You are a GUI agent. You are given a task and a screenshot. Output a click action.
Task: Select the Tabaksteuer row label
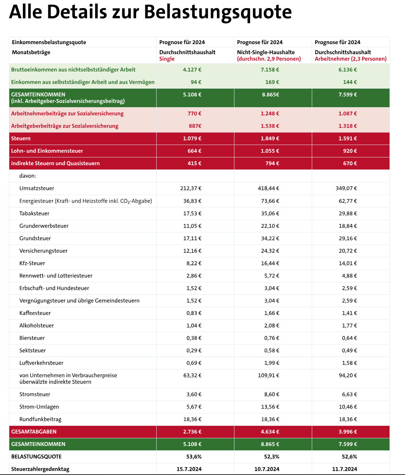(34, 214)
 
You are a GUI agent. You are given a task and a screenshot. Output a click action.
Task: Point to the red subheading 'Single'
(167, 59)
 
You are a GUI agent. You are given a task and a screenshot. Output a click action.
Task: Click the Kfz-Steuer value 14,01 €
(348, 263)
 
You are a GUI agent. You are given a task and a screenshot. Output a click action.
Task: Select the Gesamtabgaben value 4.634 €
(270, 432)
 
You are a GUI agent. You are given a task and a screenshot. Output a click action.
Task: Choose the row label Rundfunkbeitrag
(40, 419)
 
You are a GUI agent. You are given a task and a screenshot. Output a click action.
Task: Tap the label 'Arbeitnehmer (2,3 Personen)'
(350, 59)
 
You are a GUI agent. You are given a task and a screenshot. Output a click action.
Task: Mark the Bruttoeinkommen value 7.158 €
(270, 70)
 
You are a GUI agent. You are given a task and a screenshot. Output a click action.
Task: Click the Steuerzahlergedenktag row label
(40, 469)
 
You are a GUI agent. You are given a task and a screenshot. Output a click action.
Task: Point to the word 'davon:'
(28, 176)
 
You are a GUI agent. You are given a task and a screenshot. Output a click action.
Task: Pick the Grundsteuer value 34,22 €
(270, 238)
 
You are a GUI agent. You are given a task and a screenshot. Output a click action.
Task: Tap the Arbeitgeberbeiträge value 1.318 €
(348, 126)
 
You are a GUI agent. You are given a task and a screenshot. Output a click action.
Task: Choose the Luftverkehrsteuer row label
(41, 363)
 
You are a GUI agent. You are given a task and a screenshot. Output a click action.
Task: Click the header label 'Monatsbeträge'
(31, 52)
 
